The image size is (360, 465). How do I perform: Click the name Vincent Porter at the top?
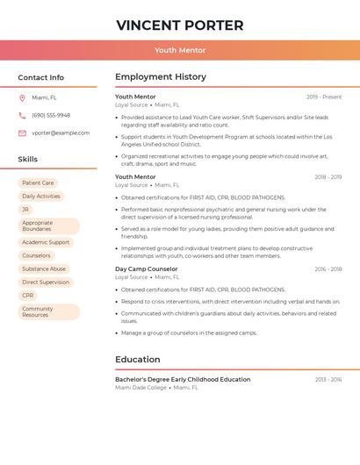(180, 25)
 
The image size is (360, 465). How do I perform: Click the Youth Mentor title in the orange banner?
(180, 50)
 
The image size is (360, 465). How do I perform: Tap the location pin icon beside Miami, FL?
(22, 97)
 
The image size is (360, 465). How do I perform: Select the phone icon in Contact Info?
(22, 115)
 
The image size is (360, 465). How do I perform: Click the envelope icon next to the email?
(22, 133)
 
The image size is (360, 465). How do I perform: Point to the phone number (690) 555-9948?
(51, 115)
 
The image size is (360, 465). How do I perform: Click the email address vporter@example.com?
(61, 133)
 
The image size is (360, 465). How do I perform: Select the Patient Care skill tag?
(38, 183)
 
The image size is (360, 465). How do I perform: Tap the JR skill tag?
(25, 210)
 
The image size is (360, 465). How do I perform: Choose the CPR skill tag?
(28, 296)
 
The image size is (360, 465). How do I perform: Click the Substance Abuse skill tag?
(44, 268)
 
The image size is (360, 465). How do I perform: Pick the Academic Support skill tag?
(46, 242)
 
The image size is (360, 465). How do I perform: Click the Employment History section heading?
(161, 77)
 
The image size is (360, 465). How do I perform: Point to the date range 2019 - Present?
(324, 97)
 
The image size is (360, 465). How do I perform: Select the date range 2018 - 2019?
(328, 177)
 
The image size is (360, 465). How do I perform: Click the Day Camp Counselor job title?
(146, 268)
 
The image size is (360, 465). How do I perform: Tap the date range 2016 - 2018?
(328, 269)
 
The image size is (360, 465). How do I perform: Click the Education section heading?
(138, 360)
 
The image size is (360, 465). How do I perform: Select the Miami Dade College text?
(140, 387)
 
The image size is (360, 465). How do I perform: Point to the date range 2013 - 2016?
(328, 380)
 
